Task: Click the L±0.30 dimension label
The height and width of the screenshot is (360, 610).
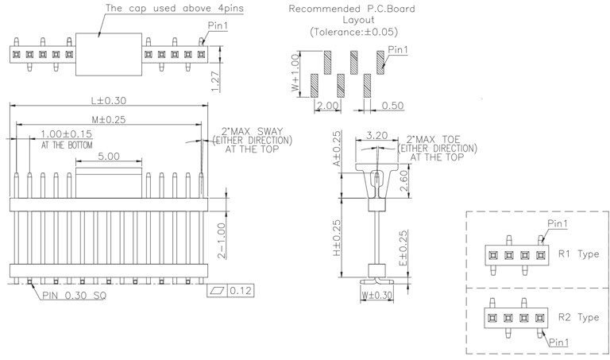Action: (109, 101)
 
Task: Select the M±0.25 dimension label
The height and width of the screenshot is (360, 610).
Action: (109, 119)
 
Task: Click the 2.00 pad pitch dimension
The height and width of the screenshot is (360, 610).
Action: (328, 105)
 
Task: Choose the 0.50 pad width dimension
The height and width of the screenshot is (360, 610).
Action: (392, 105)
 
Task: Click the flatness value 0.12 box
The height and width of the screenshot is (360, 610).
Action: (241, 292)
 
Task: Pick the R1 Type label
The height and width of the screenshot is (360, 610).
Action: (578, 255)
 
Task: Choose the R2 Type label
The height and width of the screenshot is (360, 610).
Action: (578, 317)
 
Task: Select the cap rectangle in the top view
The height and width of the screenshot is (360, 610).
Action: (109, 54)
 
